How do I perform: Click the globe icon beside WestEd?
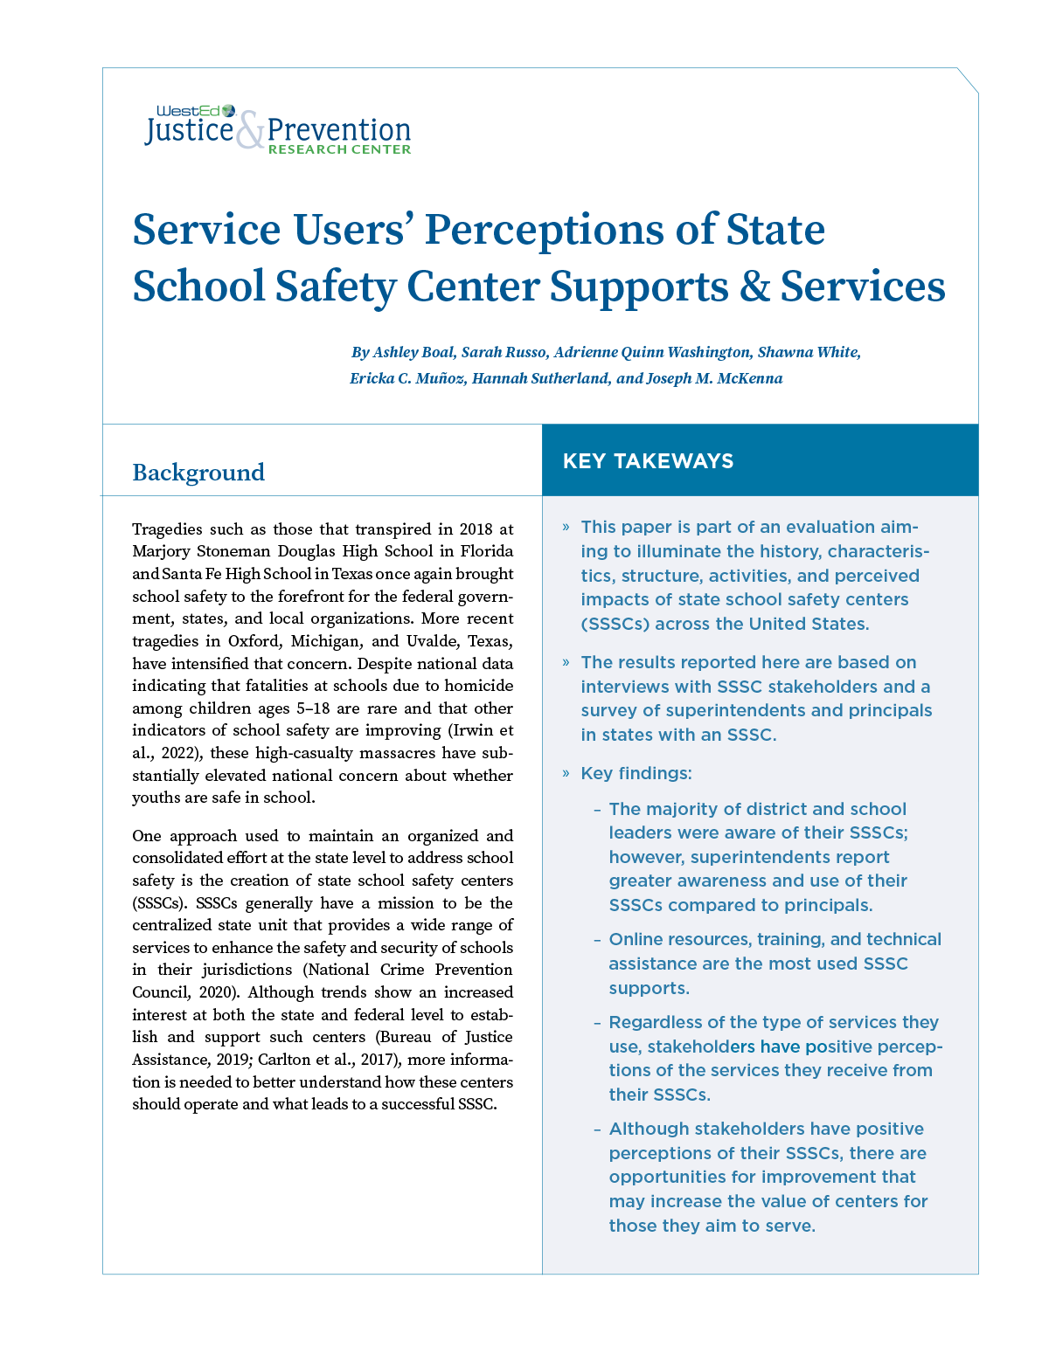(x=229, y=111)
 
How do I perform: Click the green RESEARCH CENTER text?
(x=339, y=149)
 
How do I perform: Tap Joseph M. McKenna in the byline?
(x=714, y=378)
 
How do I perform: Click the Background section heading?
(x=198, y=473)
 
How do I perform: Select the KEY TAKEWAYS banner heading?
(x=648, y=461)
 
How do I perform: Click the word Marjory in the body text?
(x=163, y=551)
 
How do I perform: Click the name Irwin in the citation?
(x=473, y=730)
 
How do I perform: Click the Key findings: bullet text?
(x=636, y=773)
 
